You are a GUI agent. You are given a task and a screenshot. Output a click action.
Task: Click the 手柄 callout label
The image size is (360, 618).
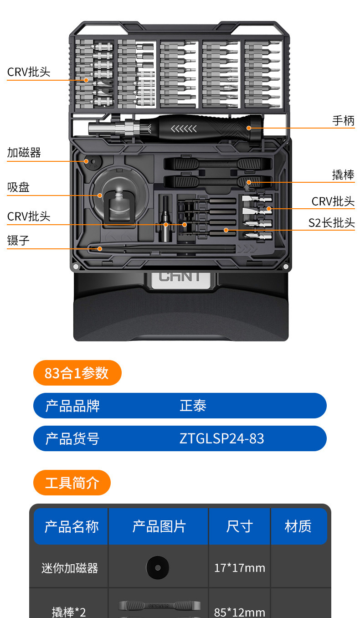click(x=343, y=121)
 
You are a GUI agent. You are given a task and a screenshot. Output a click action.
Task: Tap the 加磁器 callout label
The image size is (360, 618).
click(x=24, y=153)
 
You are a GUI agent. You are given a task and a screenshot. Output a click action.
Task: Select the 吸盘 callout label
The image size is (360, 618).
click(x=19, y=187)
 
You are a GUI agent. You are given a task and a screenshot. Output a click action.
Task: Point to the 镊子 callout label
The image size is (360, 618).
click(x=19, y=241)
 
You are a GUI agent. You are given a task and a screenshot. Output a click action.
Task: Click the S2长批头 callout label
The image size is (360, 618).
click(x=331, y=223)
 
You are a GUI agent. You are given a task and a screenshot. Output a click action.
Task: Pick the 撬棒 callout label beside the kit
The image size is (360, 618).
click(x=343, y=175)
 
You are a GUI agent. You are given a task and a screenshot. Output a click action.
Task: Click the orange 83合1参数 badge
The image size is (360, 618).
click(x=77, y=373)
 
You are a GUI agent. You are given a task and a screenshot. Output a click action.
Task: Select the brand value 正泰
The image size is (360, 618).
click(x=193, y=406)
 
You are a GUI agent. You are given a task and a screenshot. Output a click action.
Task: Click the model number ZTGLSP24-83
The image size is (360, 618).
click(x=221, y=438)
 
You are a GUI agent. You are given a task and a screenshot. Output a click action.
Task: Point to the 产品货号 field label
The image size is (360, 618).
click(x=72, y=438)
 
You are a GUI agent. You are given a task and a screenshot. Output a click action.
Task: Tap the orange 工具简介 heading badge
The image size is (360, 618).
click(x=72, y=483)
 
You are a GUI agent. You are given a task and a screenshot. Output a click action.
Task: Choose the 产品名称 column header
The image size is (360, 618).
click(x=71, y=526)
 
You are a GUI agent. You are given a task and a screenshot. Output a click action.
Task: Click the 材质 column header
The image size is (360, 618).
click(x=298, y=526)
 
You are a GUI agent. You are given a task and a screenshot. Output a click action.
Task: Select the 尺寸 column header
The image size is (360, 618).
click(x=239, y=526)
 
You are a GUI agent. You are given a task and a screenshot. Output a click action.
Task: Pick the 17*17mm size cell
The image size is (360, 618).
click(x=239, y=568)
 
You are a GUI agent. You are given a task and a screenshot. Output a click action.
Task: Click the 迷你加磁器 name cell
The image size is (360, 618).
click(x=70, y=568)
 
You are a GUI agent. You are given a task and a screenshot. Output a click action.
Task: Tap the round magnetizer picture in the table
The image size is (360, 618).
click(x=158, y=568)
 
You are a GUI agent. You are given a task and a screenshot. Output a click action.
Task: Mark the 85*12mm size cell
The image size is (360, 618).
click(x=239, y=611)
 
